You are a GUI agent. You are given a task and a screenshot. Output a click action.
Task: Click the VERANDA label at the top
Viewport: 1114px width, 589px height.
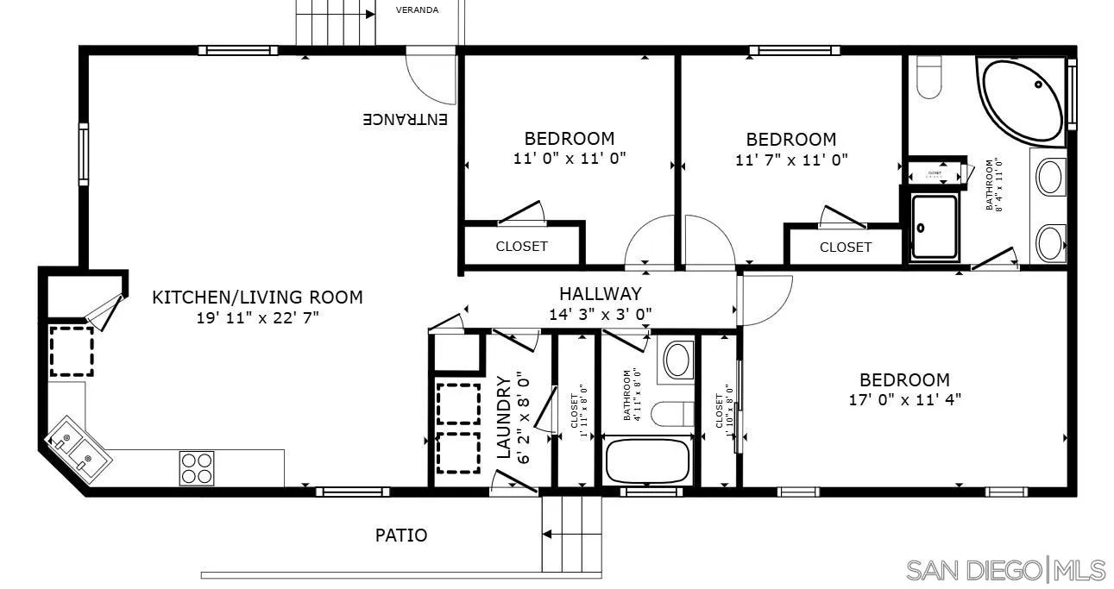417,10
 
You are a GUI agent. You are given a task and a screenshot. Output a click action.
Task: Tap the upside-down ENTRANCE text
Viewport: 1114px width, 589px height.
405,119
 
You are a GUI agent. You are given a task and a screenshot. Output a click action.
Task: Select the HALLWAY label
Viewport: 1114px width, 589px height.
600,294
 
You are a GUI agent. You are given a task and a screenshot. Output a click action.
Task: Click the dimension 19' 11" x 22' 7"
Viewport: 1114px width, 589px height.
257,317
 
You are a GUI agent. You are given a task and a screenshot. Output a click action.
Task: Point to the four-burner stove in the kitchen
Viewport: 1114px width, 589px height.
196,467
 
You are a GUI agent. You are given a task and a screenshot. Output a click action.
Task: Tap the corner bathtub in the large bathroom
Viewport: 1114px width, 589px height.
1023,99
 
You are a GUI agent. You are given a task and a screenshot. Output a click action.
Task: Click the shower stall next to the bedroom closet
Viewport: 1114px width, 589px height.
935,227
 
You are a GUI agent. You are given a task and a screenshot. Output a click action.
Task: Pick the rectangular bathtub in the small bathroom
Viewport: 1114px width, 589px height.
648,461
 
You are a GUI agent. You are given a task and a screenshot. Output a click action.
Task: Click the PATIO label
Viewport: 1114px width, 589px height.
400,536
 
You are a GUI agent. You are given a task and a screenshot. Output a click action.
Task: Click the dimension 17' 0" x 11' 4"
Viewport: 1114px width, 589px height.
904,399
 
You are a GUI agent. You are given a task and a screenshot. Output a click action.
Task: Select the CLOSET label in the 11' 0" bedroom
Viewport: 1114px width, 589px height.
521,247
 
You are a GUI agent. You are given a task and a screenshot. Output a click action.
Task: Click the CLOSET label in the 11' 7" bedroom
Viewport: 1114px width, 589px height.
845,248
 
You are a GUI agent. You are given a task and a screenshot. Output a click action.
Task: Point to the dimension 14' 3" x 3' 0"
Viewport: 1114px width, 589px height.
600,314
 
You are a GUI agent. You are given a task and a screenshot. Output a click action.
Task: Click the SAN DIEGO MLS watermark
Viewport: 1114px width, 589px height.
1005,570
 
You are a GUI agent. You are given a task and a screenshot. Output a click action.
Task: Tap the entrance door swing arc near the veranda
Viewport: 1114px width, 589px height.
430,80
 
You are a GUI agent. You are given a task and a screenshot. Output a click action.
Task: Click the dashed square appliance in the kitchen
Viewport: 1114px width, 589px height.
72,351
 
